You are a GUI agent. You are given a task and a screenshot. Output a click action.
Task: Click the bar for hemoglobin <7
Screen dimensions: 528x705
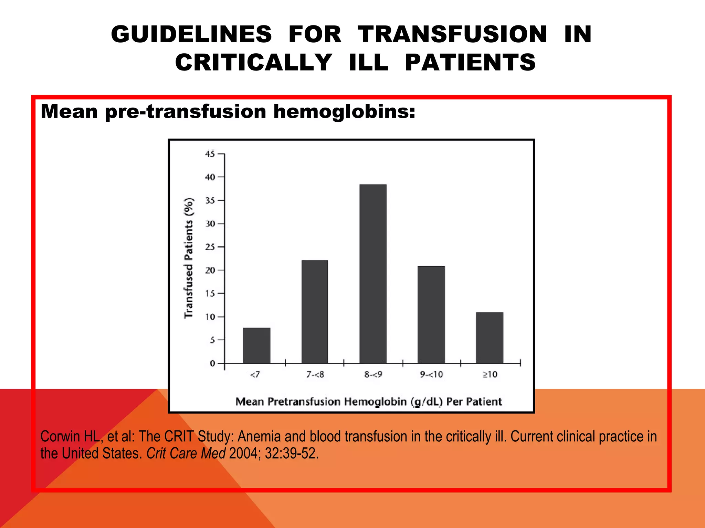(x=257, y=345)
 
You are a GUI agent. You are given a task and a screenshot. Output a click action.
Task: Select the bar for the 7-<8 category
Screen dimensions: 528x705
(x=315, y=312)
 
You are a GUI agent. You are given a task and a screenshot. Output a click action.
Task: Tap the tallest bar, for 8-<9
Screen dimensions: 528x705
(x=373, y=274)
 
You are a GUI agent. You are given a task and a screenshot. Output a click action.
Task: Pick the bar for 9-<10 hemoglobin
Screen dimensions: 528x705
(x=431, y=315)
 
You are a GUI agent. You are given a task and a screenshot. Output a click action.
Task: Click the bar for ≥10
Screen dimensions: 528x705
(x=490, y=338)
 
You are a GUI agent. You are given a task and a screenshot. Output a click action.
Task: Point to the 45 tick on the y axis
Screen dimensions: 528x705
(x=210, y=154)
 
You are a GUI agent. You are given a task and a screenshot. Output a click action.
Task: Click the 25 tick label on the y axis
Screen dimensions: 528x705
(x=210, y=247)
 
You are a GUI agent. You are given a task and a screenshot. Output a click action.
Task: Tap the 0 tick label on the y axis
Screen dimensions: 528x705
(x=212, y=363)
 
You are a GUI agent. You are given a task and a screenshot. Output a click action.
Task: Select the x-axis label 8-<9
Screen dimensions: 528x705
(x=373, y=374)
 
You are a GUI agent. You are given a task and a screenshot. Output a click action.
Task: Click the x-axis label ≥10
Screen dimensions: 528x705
(x=490, y=374)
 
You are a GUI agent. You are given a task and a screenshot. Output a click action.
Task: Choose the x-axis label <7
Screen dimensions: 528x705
(x=255, y=374)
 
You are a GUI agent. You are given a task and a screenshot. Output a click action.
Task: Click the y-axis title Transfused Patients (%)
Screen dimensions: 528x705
(x=189, y=258)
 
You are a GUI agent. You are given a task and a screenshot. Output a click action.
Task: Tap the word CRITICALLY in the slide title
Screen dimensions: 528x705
(x=253, y=63)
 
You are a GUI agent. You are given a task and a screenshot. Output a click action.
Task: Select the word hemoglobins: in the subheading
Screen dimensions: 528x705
(x=344, y=112)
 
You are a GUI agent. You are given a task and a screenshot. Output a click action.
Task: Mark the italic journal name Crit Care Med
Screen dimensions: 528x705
(x=186, y=453)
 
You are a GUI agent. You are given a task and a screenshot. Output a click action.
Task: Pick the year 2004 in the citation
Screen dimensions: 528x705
(x=243, y=453)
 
